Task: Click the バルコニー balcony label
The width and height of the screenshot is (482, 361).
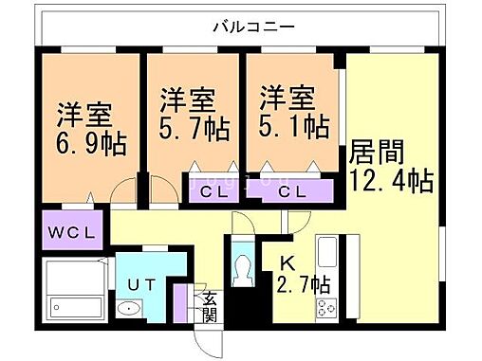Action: coord(250,28)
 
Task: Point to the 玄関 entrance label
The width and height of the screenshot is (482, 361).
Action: coord(208,305)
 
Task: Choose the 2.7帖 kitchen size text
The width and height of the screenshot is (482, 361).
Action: coord(304,284)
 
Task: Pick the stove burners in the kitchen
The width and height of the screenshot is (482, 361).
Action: coord(327,307)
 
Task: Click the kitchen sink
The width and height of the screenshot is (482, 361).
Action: coord(326,255)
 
